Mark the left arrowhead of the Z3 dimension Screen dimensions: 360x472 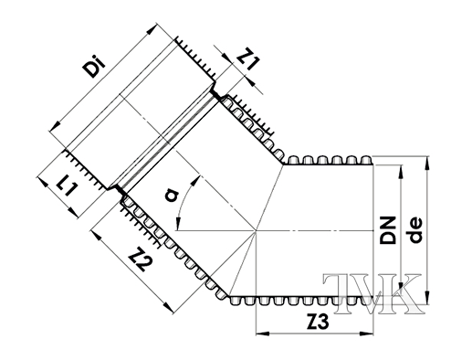pos(262,335)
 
